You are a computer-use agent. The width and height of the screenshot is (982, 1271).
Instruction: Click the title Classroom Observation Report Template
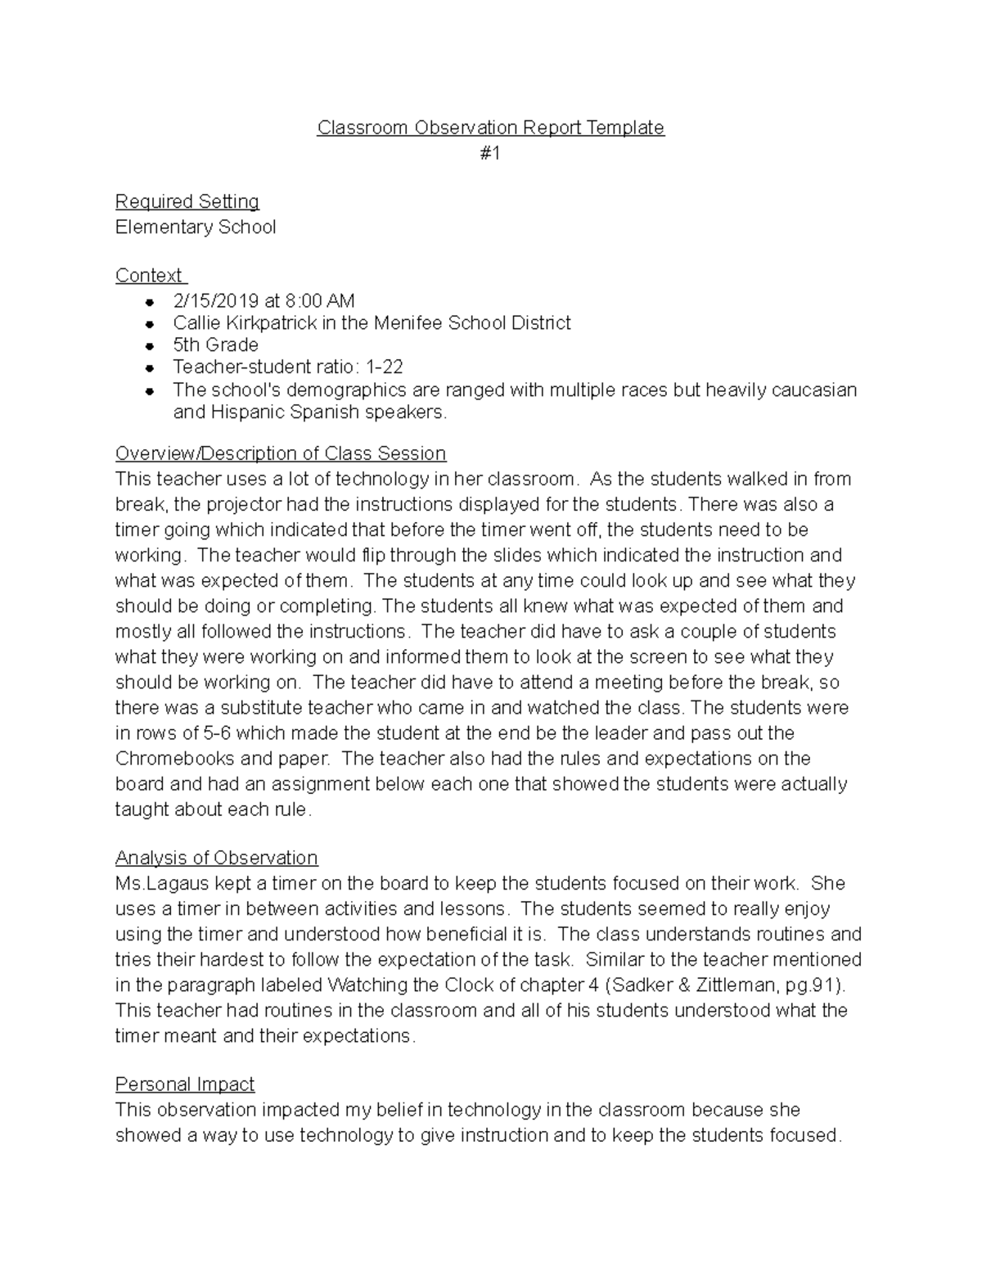coord(490,128)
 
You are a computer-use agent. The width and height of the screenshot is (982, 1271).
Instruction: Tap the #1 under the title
coord(490,153)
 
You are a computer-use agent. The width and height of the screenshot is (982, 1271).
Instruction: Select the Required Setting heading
coord(187,201)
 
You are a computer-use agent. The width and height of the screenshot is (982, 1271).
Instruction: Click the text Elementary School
coord(196,227)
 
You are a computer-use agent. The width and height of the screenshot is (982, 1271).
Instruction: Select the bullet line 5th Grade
coord(215,345)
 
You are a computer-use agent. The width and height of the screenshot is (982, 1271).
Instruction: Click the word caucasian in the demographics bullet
coord(799,390)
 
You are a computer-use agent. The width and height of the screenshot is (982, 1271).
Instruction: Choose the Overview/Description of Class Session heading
coord(281,453)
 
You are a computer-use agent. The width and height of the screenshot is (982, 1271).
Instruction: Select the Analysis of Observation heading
coord(216,858)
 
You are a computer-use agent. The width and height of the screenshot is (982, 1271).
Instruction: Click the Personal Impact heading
coord(185,1084)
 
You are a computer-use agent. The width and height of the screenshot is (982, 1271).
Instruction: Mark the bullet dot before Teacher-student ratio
coord(150,368)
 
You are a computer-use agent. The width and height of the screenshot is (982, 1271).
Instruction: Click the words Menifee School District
coord(472,322)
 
